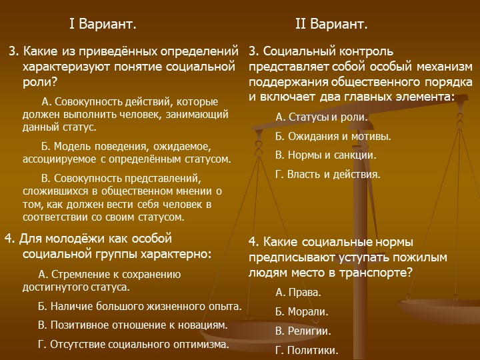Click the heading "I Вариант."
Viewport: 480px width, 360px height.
point(103,24)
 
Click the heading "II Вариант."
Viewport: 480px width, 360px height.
point(331,24)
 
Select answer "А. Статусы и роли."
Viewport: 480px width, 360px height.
point(321,117)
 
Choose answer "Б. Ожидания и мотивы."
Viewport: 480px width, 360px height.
point(333,136)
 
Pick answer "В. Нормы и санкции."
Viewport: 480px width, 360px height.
point(326,155)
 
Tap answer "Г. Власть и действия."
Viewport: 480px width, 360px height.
point(327,174)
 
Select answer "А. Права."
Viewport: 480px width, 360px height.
point(298,293)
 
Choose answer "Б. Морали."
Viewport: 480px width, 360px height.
point(302,311)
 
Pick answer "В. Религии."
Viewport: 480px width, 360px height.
point(303,331)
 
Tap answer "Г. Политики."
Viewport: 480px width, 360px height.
point(307,350)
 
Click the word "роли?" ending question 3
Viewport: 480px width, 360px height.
point(40,82)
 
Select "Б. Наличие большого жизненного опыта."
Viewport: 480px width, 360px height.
point(140,306)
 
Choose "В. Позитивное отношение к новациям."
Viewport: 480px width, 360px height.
point(133,325)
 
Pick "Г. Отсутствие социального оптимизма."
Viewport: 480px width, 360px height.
point(133,344)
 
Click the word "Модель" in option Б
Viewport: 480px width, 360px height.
point(72,146)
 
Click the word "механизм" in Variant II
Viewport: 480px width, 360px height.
point(445,67)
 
